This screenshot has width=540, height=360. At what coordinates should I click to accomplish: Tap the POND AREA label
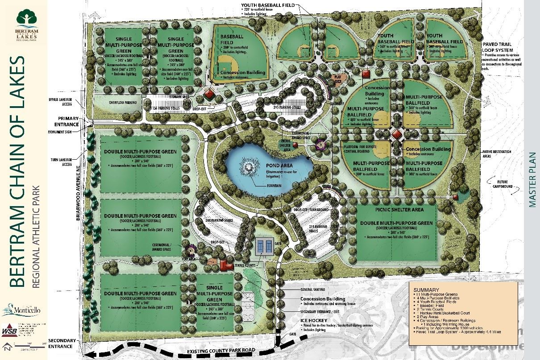pos(279,165)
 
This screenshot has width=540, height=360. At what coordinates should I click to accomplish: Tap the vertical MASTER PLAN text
pos(532,180)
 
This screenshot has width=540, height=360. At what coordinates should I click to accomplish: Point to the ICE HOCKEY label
pos(315,320)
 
